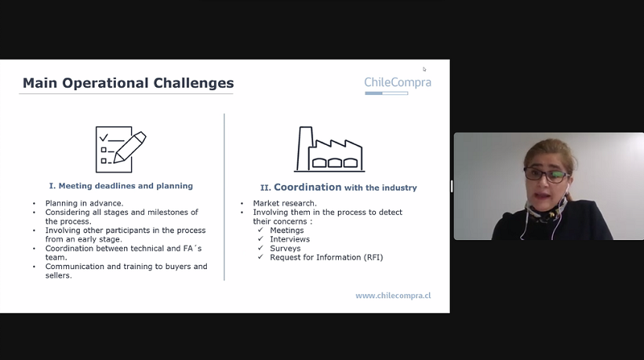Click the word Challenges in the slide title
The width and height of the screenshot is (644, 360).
(x=193, y=84)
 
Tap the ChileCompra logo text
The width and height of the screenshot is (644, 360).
(x=398, y=82)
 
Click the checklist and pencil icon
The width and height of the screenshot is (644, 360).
(x=121, y=150)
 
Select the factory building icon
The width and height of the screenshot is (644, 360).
(x=329, y=149)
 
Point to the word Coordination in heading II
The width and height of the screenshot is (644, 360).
(x=308, y=188)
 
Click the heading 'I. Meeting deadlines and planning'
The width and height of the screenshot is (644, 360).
(x=121, y=186)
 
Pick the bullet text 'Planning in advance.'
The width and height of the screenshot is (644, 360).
(x=85, y=204)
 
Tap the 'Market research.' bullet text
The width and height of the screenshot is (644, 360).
(x=285, y=204)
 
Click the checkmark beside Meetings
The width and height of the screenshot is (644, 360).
(x=260, y=230)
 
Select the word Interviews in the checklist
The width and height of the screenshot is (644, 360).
(x=290, y=239)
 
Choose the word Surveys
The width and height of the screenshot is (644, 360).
(x=285, y=249)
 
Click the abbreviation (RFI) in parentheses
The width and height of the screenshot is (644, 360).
(x=373, y=258)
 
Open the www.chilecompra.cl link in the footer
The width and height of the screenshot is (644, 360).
(x=393, y=296)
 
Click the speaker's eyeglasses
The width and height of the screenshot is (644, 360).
(x=546, y=175)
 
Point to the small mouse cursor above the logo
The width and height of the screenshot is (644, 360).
(x=424, y=69)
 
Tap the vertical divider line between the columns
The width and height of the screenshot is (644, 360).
(x=225, y=197)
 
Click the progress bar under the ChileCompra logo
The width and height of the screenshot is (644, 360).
(x=386, y=93)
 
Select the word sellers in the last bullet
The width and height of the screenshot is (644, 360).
(x=57, y=275)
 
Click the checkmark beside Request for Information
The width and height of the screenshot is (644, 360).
(x=260, y=257)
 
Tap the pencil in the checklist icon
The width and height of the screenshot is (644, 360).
(x=130, y=147)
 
